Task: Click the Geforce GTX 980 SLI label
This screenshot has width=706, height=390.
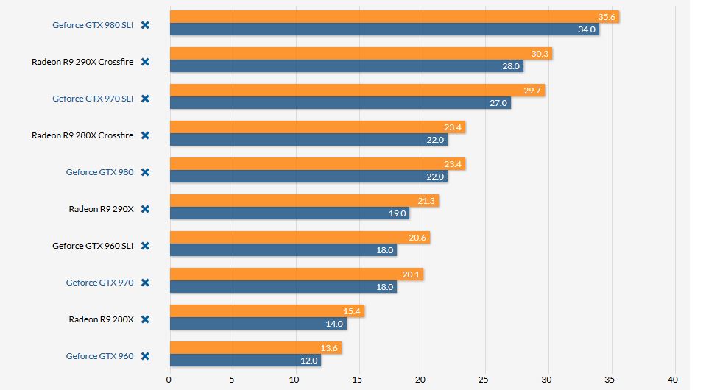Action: [x=93, y=25]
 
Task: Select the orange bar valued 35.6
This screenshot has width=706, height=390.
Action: [x=394, y=17]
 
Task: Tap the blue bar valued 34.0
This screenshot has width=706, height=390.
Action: [x=384, y=29]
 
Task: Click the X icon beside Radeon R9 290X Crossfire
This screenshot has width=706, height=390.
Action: [x=145, y=62]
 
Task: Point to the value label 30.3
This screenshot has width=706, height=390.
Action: [x=541, y=54]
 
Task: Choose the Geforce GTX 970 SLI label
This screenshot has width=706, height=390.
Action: [x=93, y=99]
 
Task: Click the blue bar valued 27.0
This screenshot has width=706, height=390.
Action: [x=339, y=103]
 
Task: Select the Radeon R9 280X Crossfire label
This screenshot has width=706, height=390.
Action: [x=82, y=135]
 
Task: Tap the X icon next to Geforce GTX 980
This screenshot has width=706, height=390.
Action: [x=145, y=172]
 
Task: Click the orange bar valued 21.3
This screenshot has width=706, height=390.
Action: [x=304, y=201]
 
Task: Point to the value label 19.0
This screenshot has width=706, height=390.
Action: [x=397, y=213]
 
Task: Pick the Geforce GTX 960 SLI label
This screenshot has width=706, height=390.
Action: [x=93, y=246]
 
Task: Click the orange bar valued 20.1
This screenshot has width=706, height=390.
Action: [x=296, y=274]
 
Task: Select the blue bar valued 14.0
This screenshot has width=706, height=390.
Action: [x=258, y=324]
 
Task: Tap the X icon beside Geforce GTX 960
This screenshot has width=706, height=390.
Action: [x=145, y=356]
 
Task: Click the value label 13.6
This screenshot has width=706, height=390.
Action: [x=331, y=348]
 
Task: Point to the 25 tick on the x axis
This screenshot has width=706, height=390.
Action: [x=484, y=380]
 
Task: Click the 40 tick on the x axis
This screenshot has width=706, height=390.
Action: [x=672, y=380]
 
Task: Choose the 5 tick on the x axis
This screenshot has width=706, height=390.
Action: [x=232, y=380]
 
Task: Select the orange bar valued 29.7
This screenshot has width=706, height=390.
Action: [x=357, y=91]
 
